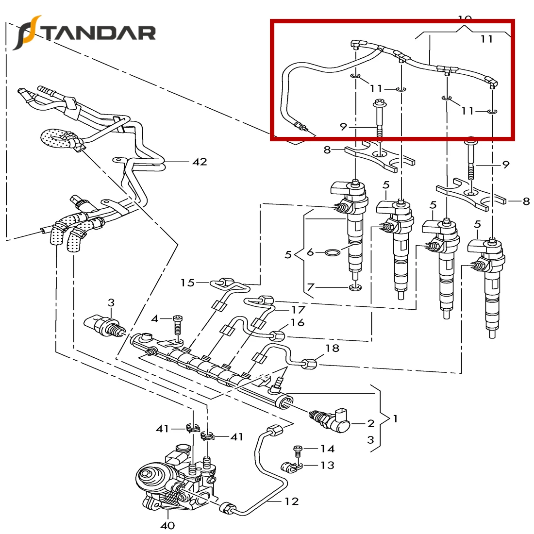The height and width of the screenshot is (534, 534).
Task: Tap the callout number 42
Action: tap(200, 162)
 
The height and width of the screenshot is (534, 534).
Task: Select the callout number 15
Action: tap(187, 283)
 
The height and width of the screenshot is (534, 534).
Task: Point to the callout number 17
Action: tap(298, 310)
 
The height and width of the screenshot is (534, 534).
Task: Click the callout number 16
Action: tap(297, 322)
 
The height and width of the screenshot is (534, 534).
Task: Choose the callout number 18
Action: tap(332, 348)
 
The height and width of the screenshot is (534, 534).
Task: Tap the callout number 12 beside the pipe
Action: tap(291, 501)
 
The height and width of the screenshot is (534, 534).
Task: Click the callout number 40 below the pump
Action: tap(167, 525)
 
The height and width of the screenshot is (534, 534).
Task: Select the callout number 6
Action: tap(311, 252)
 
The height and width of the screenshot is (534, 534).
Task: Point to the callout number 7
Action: tap(311, 288)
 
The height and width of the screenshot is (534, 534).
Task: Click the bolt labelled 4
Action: tap(178, 326)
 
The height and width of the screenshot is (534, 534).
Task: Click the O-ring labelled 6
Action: tap(333, 253)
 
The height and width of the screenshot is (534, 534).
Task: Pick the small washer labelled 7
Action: tap(355, 289)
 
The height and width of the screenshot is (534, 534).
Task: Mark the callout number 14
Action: tap(327, 449)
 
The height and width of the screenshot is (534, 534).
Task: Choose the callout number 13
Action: tap(327, 465)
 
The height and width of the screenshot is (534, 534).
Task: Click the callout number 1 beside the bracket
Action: tap(395, 418)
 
